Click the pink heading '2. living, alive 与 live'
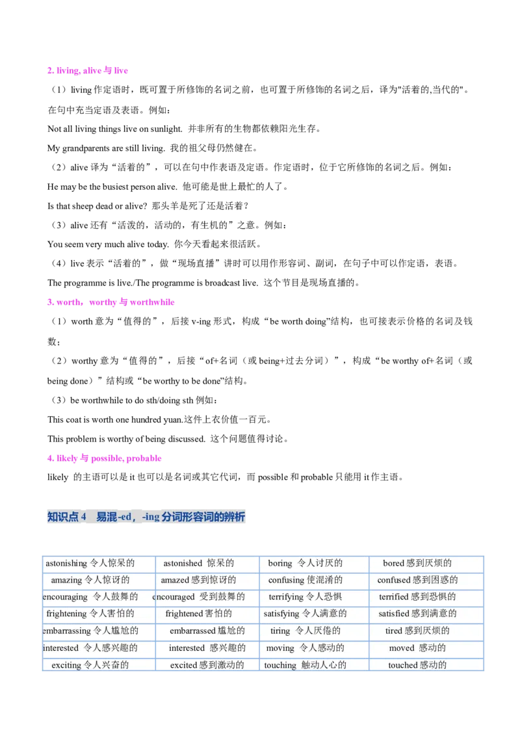point(87,70)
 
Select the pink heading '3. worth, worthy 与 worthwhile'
point(110,302)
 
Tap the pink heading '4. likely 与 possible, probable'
point(104,458)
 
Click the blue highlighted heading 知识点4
point(146,517)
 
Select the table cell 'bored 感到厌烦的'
point(417,563)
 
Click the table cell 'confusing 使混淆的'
point(305,580)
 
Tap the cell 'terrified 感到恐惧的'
point(417,597)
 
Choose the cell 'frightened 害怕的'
point(198,614)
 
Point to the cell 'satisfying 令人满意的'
point(305,614)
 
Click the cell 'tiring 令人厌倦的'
point(305,631)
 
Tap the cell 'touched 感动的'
point(417,664)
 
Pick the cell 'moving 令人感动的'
point(305,648)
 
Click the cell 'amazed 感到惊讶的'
point(198,580)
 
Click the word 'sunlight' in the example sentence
point(166,129)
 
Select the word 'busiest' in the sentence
point(116,187)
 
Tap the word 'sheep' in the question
point(83,206)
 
